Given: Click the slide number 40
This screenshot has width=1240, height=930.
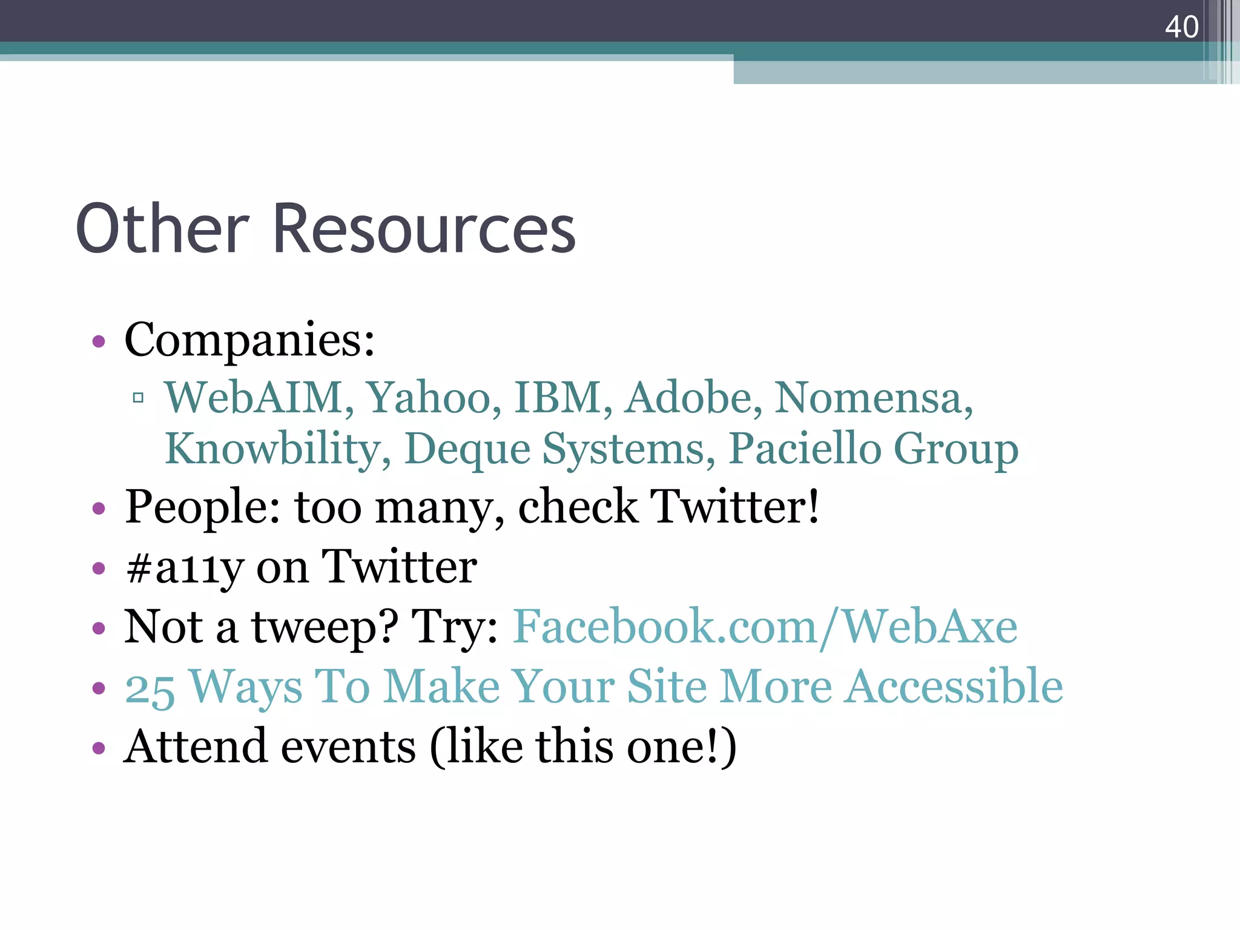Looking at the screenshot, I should pyautogui.click(x=1181, y=27).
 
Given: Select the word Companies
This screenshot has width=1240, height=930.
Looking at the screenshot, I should pyautogui.click(x=249, y=340).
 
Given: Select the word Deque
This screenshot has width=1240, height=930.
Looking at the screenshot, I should pyautogui.click(x=467, y=449).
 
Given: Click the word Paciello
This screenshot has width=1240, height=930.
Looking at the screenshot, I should pyautogui.click(x=805, y=449).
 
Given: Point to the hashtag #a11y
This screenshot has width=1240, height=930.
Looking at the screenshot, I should pyautogui.click(x=185, y=568).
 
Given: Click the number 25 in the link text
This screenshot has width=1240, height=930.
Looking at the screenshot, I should pyautogui.click(x=150, y=688).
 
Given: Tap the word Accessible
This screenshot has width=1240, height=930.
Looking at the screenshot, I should pyautogui.click(x=954, y=687).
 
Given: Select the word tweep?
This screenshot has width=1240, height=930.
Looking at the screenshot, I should pyautogui.click(x=325, y=627).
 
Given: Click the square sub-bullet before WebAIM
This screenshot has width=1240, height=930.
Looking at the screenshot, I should pyautogui.click(x=138, y=398).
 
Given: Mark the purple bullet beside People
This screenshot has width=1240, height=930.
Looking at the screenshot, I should pyautogui.click(x=99, y=508).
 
